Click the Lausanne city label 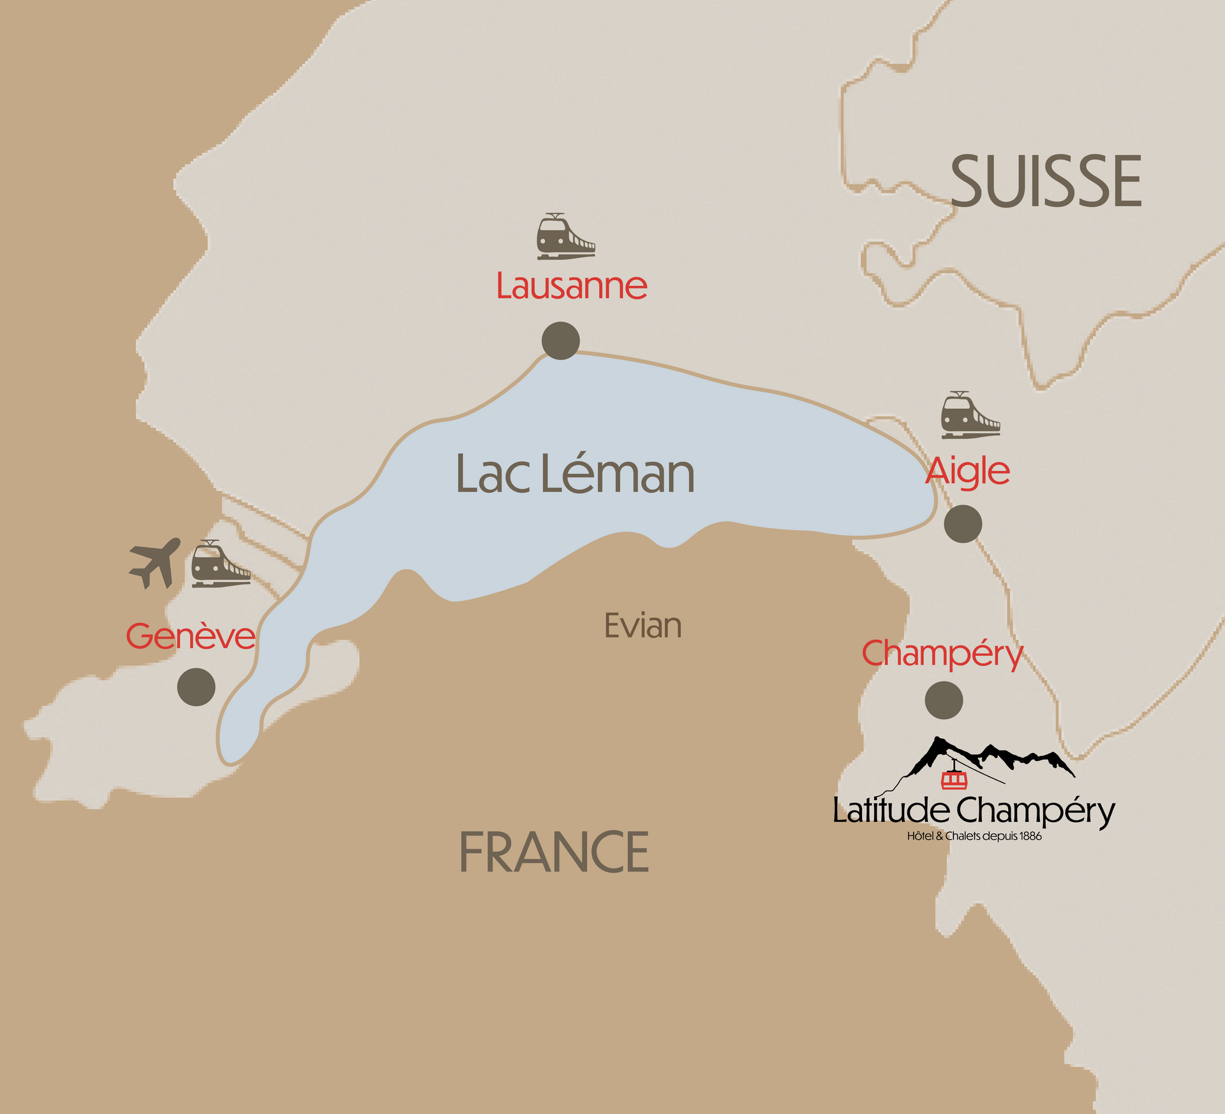point(572,286)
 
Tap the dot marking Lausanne point(561,341)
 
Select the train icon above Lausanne point(565,237)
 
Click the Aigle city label point(967,472)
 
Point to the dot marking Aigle point(963,524)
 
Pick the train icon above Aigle point(970,415)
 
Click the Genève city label point(190,636)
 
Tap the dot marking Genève point(196,687)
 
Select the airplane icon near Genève point(155,562)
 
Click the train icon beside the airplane point(220,564)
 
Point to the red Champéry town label point(942,654)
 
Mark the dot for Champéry point(944,701)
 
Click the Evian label point(642,626)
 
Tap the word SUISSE point(1046,182)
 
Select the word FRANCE point(554,852)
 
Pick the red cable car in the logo point(954,780)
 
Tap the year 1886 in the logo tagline point(1030,836)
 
